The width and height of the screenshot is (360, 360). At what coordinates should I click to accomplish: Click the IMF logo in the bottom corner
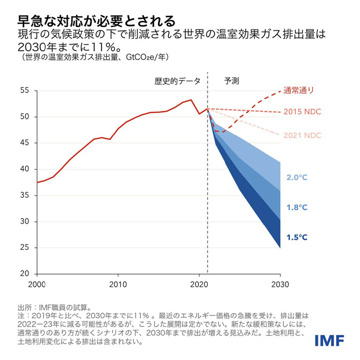click(x=329, y=340)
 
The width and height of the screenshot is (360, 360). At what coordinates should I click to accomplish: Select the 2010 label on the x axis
click(x=118, y=284)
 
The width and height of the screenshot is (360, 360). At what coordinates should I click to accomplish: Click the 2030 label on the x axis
click(x=280, y=284)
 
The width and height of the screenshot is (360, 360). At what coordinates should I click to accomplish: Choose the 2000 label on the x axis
click(x=37, y=284)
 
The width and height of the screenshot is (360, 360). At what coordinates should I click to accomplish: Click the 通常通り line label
click(x=299, y=90)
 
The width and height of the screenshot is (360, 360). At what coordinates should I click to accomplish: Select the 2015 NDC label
click(x=302, y=111)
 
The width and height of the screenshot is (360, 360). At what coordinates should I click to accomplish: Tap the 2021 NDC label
click(x=302, y=135)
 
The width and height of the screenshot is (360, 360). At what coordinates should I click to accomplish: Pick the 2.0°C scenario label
click(x=297, y=177)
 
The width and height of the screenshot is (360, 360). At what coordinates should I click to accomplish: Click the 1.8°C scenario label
click(x=297, y=207)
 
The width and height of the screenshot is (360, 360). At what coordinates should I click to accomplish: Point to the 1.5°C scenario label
click(x=297, y=237)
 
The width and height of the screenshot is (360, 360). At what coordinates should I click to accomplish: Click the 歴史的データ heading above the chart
click(x=177, y=80)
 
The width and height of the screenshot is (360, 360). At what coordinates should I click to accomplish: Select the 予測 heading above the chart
click(x=231, y=80)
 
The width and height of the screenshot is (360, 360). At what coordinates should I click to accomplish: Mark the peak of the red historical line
click(x=191, y=100)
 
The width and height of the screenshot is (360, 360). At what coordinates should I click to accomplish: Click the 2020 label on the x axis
click(x=199, y=284)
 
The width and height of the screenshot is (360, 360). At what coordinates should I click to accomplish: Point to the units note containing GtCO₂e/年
click(x=95, y=57)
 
